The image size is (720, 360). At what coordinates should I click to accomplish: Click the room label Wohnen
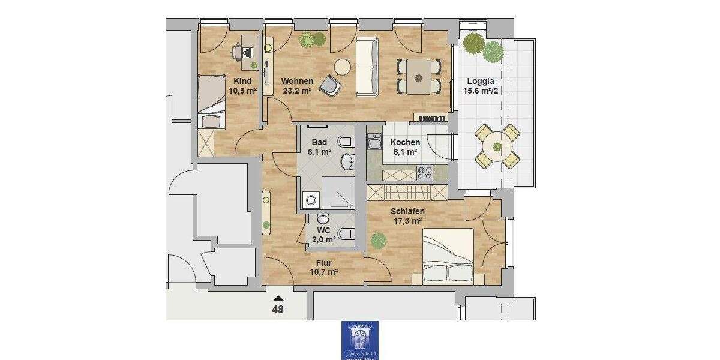pos(298,81)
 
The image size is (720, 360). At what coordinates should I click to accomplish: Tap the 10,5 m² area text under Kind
pos(242,91)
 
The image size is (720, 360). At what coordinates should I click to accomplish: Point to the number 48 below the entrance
pos(278,310)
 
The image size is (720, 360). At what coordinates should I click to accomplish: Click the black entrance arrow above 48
pos(278,298)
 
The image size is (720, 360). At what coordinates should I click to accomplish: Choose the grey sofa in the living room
pos(367,67)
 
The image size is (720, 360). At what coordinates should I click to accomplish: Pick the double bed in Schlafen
pos(448,257)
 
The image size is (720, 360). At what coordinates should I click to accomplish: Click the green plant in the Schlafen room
pos(379,241)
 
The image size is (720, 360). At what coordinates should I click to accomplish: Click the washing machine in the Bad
pos(311,200)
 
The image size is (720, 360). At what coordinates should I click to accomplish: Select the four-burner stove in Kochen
pos(425,172)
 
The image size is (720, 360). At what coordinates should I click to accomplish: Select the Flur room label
pos(324,262)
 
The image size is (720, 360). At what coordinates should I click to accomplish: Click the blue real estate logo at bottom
pos(360,340)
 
